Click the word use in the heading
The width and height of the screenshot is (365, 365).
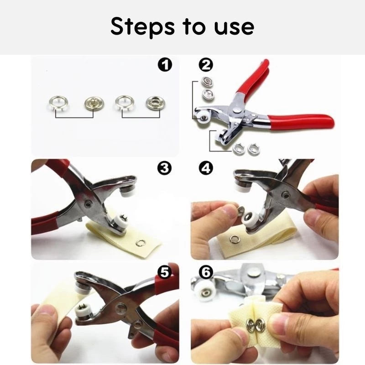coord(234,27)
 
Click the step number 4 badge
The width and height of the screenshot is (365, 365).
coord(206,168)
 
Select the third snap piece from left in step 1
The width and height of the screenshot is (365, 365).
coord(123,103)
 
